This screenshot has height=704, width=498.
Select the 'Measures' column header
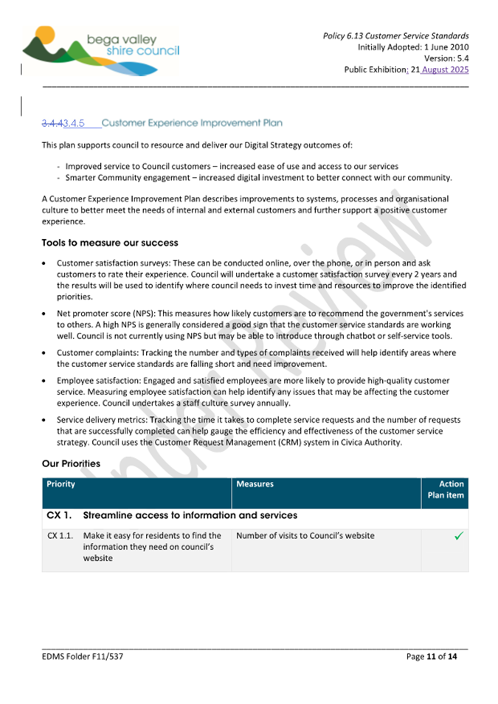(x=255, y=485)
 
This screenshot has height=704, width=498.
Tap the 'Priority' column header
(x=60, y=485)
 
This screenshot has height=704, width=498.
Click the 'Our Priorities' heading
(x=71, y=464)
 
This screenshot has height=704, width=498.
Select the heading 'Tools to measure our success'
(x=110, y=243)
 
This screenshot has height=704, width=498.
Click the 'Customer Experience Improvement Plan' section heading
(x=192, y=122)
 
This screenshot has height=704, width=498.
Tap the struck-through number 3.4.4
(x=53, y=122)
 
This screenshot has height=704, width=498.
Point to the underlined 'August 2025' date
(x=446, y=70)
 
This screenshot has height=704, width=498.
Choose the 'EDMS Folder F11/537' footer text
(x=83, y=656)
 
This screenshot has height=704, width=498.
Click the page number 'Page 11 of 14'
(x=432, y=656)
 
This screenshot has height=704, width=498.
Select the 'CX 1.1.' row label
(x=60, y=536)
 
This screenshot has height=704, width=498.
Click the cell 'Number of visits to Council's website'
(x=305, y=536)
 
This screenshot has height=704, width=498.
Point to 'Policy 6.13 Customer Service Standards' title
(x=395, y=35)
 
